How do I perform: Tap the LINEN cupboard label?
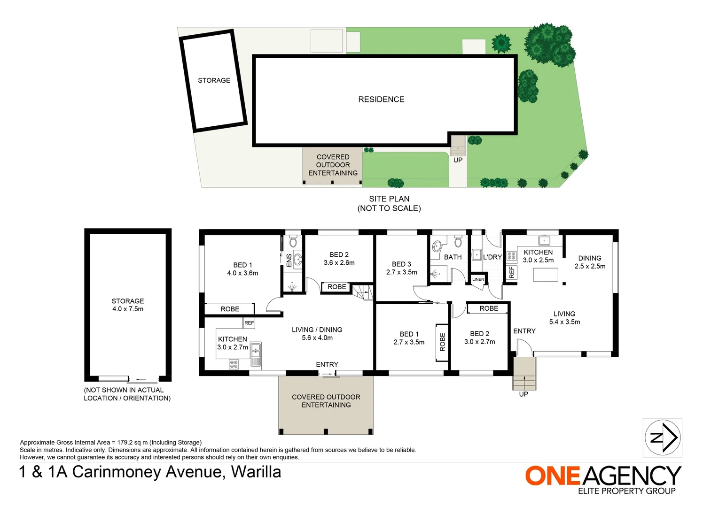pos(478,279)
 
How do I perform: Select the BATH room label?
pos(453,257)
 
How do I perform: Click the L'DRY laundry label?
pos(492,257)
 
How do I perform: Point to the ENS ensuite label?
pos(289,261)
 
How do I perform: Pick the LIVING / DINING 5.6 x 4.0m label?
pos(317,334)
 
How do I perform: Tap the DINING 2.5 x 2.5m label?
pos(590,262)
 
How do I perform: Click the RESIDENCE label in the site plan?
pos(381,100)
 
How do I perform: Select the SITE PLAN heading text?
pos(389,199)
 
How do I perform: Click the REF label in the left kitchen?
pos(249,323)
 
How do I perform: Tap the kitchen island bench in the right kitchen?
pos(545,275)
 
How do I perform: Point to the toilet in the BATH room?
pos(458,242)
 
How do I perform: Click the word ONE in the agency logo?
pos(553,476)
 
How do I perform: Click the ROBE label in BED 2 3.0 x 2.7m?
pos(489,308)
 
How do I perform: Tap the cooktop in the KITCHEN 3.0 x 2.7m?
pos(234,364)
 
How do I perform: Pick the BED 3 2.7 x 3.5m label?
pos(401,268)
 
